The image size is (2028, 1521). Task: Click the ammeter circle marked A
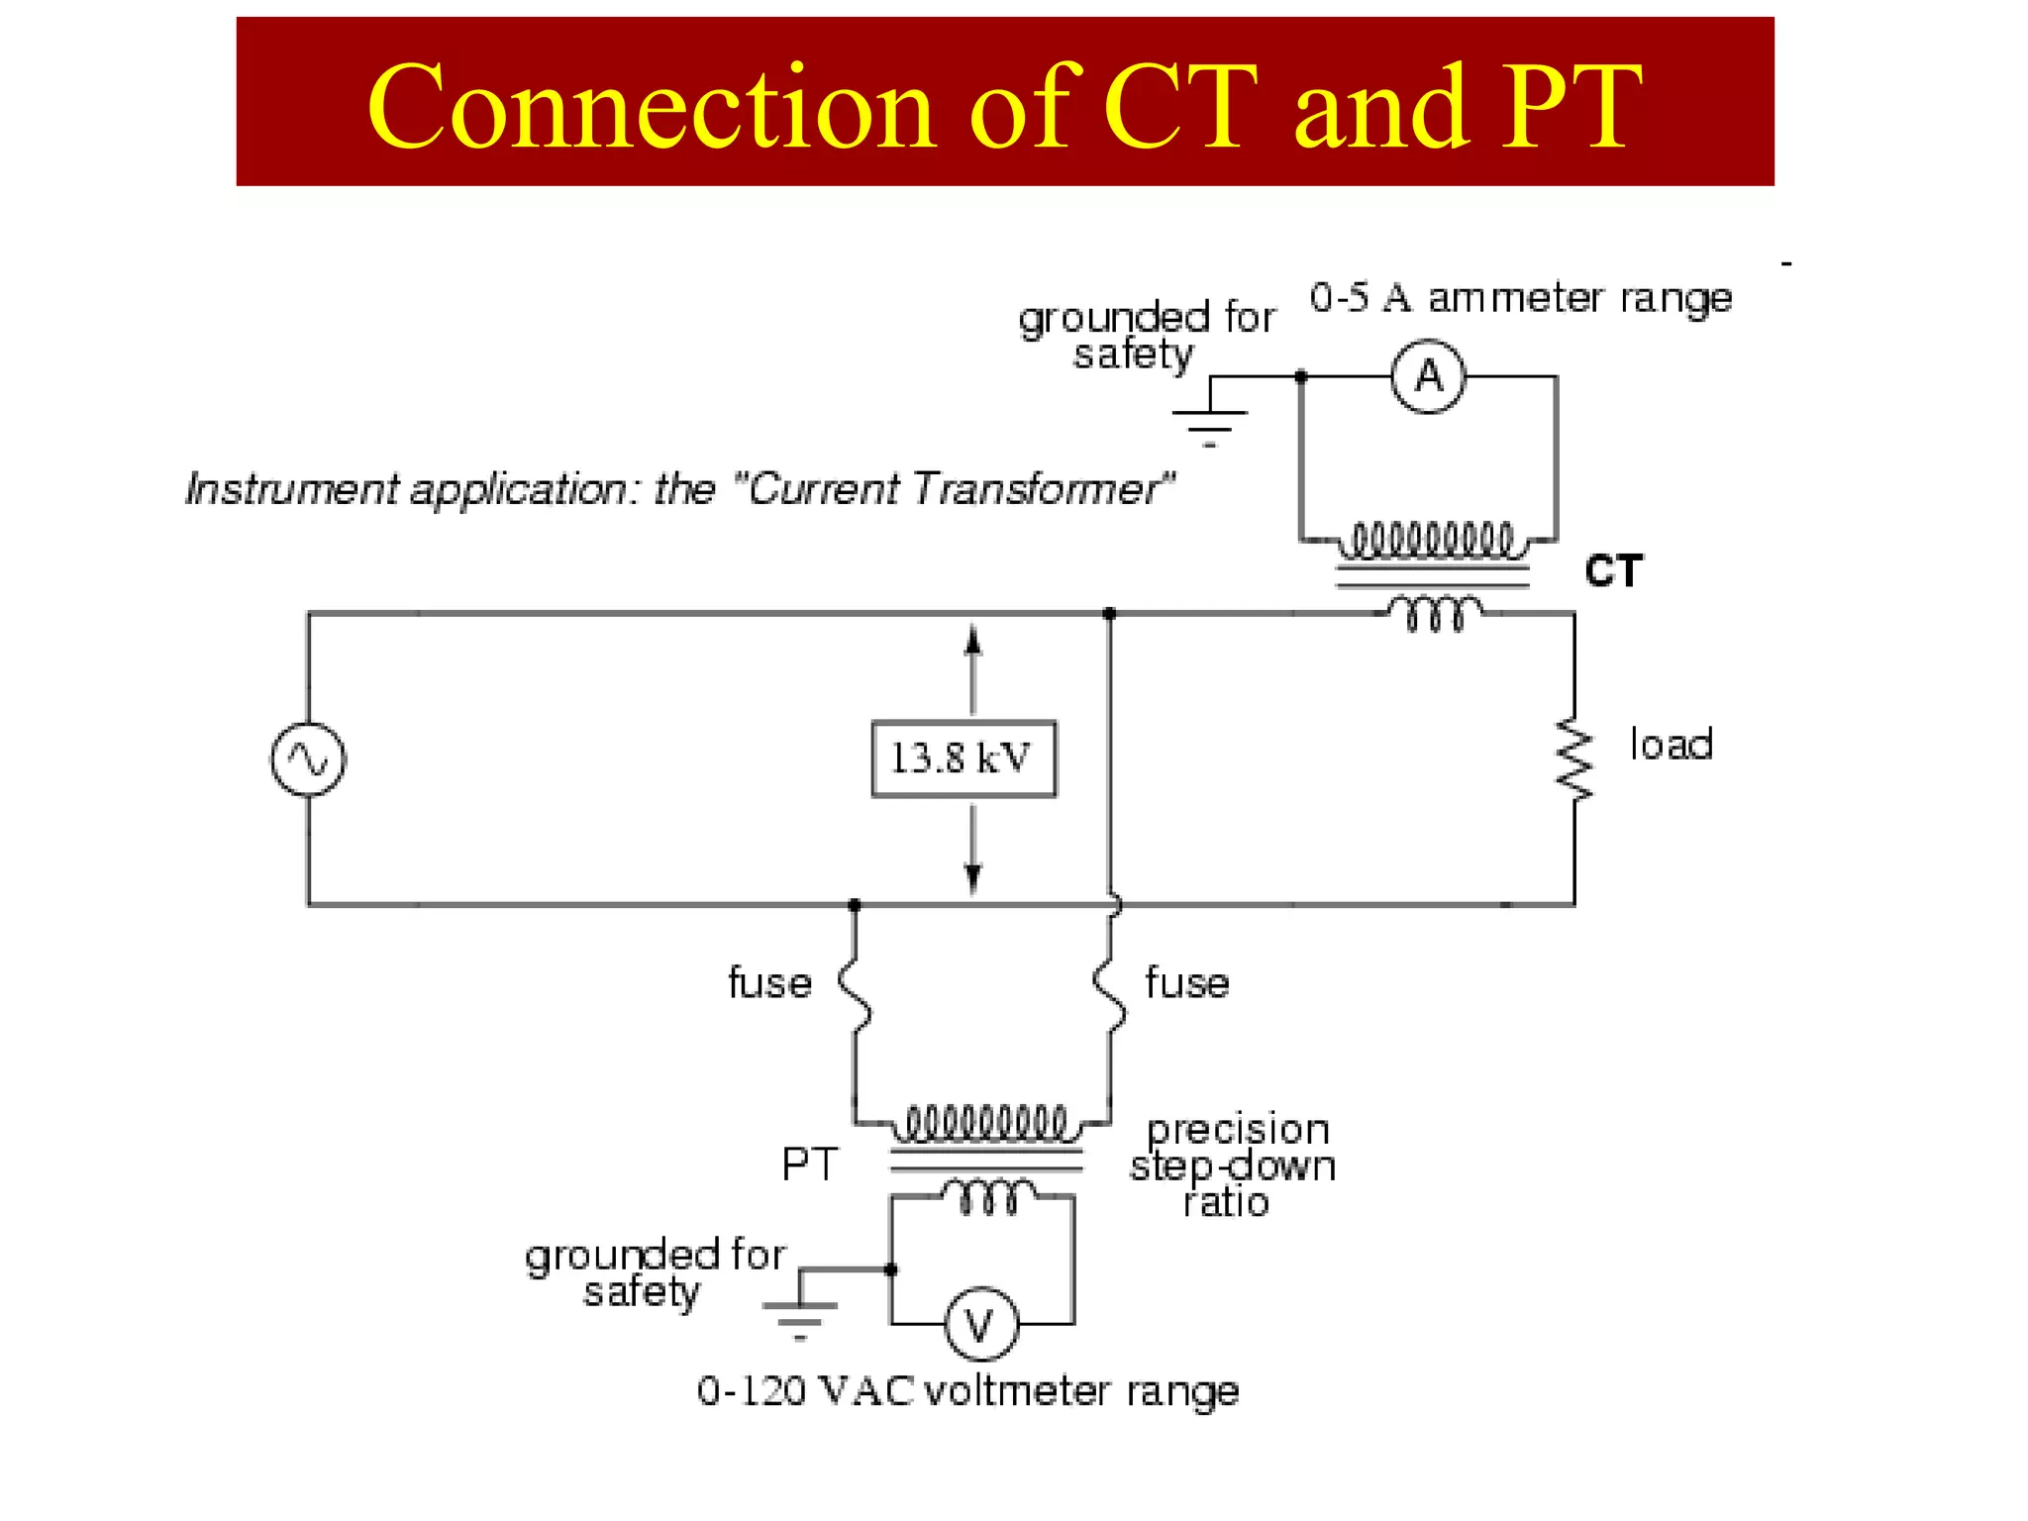1427,376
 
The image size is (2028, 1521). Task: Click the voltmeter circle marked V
980,1324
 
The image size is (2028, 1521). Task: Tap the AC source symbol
308,760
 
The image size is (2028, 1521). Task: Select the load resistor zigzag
1574,760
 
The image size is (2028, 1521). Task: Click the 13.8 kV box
963,759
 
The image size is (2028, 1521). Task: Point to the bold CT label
1613,571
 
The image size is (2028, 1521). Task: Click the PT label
809,1165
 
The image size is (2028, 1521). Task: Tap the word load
1671,745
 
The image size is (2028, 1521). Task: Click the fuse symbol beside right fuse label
1110,995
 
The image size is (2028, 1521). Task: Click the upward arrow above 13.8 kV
973,645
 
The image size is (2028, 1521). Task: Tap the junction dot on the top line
1110,614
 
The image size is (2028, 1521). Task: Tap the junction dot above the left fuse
855,905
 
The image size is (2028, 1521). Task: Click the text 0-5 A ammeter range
1520,298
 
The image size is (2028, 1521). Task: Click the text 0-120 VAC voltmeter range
967,1391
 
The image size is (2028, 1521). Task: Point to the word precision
1237,1130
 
